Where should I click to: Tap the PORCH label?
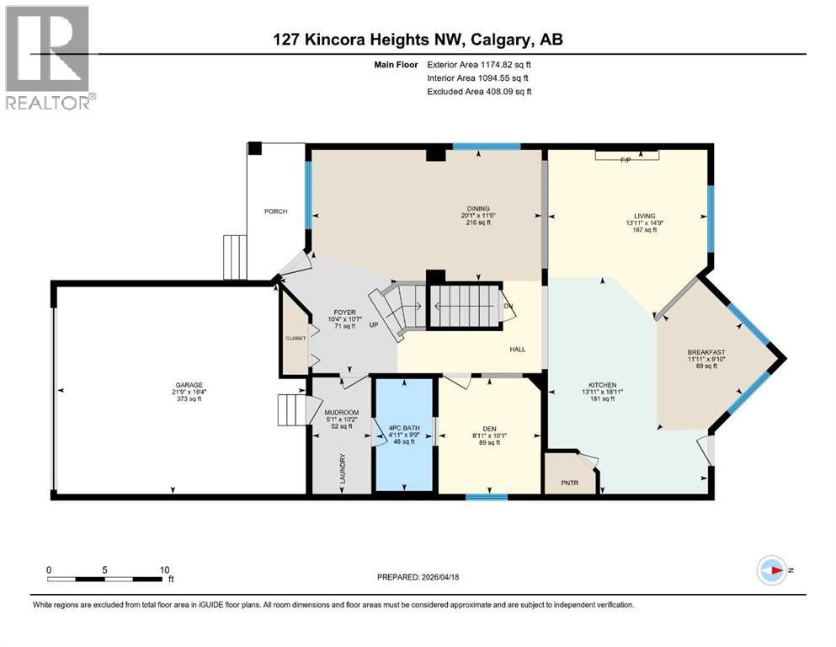tap(276, 211)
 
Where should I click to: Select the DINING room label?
tap(479, 209)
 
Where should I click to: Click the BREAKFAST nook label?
tap(706, 352)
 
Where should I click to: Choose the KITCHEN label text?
tap(603, 384)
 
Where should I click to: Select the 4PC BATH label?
tap(405, 428)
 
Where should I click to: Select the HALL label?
tap(517, 349)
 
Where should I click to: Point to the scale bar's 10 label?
tap(165, 569)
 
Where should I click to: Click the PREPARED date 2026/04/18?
tap(419, 578)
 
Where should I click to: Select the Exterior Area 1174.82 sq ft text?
tap(479, 64)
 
